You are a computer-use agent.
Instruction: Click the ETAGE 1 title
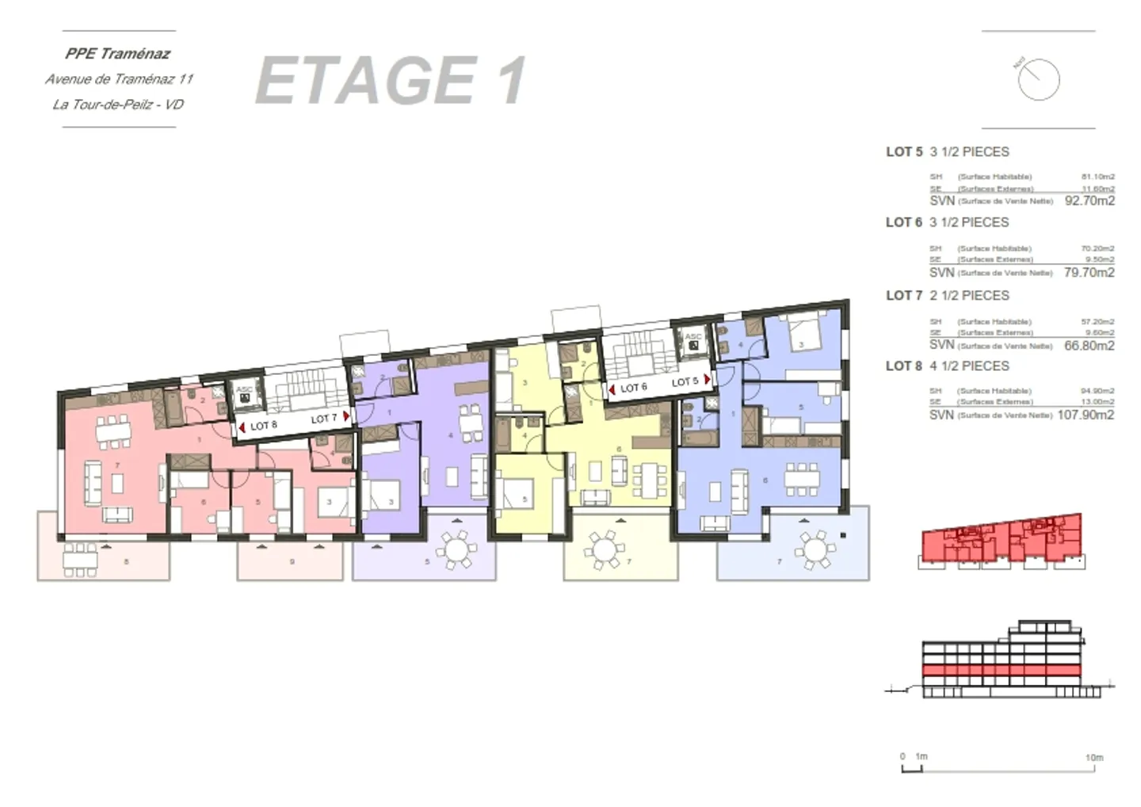click(391, 81)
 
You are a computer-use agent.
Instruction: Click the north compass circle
click(1039, 79)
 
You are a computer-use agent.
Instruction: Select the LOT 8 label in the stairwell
click(264, 426)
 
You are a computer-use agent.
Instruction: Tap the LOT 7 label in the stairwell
click(323, 419)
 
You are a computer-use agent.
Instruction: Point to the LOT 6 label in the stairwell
click(633, 388)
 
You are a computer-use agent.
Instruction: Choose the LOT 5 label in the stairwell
click(685, 382)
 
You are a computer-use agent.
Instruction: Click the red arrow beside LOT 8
click(242, 427)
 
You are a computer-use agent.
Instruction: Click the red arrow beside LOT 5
click(707, 380)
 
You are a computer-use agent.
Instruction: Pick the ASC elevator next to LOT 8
click(244, 394)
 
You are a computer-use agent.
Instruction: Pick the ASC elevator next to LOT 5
click(693, 342)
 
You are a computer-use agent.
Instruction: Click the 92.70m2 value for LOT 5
click(1089, 201)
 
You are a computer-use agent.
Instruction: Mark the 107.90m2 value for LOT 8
click(1086, 415)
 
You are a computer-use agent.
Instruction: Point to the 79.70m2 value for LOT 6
click(1089, 273)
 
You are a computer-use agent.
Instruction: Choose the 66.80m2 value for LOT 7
click(1089, 346)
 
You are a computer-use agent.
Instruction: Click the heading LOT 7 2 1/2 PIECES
click(948, 296)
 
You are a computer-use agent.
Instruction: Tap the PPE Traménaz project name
click(118, 54)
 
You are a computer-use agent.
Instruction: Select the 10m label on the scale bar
click(1093, 758)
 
